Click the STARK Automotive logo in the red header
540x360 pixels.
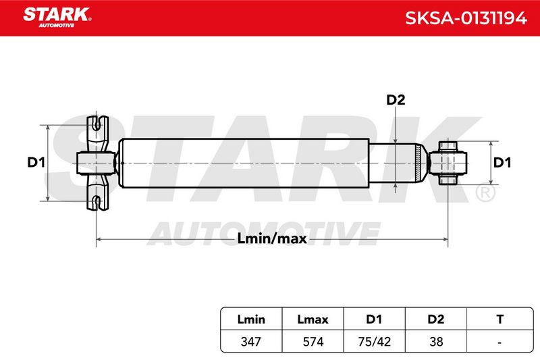pyautogui.click(x=57, y=18)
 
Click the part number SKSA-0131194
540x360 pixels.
pyautogui.click(x=466, y=18)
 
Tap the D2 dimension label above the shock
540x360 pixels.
pyautogui.click(x=396, y=100)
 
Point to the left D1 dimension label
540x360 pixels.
pyautogui.click(x=36, y=162)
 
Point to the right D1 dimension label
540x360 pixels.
pyautogui.click(x=502, y=162)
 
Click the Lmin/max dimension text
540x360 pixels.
pyautogui.click(x=272, y=238)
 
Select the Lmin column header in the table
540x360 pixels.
pyautogui.click(x=251, y=319)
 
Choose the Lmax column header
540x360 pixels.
pyautogui.click(x=313, y=319)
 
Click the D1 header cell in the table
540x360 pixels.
pyautogui.click(x=374, y=319)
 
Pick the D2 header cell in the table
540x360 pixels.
pyautogui.click(x=435, y=319)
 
